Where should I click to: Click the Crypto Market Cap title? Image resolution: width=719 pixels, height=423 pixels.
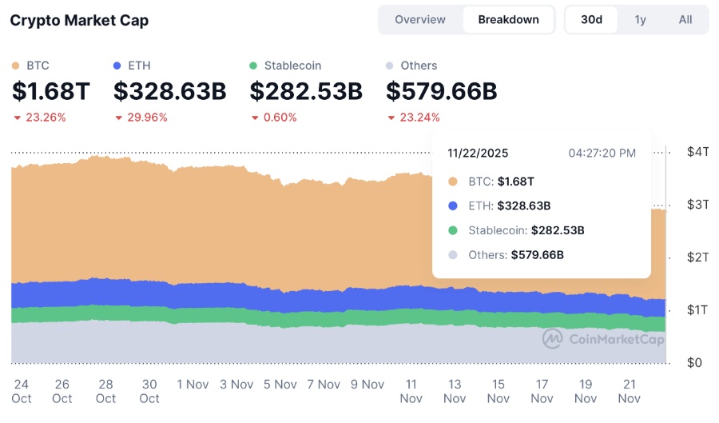point(79,20)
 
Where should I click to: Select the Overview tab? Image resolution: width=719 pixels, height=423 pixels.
point(420,20)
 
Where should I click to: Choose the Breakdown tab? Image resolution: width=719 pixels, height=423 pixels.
point(508,20)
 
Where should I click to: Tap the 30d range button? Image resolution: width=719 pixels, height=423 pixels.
point(591,20)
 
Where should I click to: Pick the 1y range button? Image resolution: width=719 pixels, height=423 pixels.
point(640,20)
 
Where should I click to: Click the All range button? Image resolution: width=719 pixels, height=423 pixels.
point(685,20)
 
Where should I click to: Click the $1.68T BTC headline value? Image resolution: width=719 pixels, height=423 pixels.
point(51,92)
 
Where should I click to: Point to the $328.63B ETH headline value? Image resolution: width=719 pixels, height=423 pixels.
point(169,92)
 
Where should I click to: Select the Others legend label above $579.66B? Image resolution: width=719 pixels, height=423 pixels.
point(419,66)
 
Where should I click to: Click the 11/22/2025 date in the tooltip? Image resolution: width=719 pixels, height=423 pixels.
point(478,153)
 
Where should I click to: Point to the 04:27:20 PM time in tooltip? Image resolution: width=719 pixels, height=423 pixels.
point(602,153)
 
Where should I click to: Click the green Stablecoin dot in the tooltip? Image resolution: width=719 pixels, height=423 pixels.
point(453,230)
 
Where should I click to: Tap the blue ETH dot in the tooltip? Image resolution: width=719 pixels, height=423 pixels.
point(453,206)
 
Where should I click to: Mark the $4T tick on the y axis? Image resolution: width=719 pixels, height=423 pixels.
point(697,152)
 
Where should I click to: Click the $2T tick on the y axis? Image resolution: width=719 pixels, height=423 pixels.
point(697,257)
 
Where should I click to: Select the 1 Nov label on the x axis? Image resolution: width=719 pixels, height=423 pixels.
point(193,385)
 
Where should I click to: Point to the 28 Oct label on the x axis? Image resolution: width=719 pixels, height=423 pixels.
point(105,391)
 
